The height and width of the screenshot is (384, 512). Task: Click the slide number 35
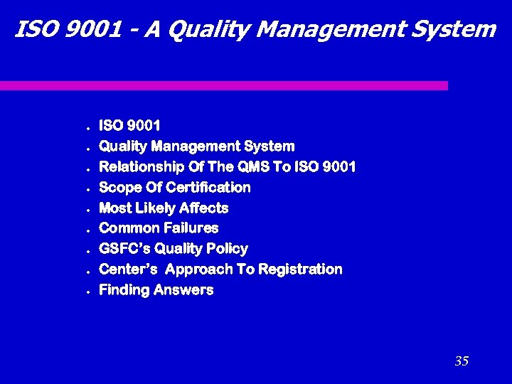point(462,361)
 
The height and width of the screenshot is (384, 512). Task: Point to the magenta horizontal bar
point(224,85)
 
